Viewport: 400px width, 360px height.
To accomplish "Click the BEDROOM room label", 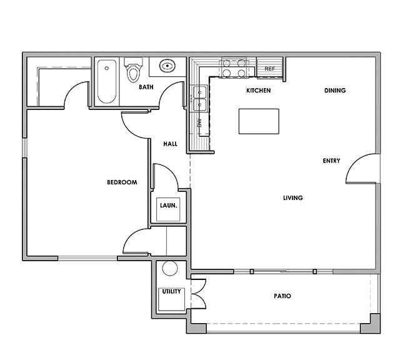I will [121, 182].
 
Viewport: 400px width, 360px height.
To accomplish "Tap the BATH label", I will [146, 87].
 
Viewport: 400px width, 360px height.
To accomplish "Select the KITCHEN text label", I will [258, 91].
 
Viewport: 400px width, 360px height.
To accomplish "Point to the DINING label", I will [335, 91].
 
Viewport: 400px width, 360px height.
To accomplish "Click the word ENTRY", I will [331, 161].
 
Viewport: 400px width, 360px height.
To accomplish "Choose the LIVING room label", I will [292, 198].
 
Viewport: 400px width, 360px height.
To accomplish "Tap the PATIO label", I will [281, 296].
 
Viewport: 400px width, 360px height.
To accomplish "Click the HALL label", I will [170, 144].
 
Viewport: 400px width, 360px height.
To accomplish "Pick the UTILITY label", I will [171, 292].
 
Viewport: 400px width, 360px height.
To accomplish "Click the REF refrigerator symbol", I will [270, 69].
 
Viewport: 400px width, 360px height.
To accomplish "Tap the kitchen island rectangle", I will [259, 121].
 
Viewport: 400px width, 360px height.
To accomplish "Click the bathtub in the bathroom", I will [107, 81].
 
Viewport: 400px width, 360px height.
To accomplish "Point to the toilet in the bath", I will [132, 71].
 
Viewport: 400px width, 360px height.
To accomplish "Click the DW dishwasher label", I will [199, 124].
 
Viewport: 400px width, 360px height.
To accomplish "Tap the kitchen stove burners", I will [232, 68].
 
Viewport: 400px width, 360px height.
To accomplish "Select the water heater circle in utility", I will [169, 269].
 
